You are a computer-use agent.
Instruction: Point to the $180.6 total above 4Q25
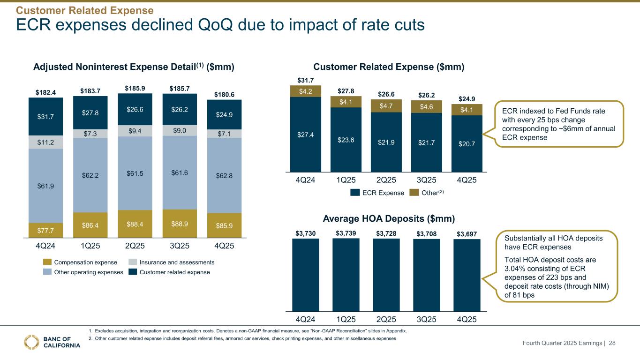click(x=224, y=94)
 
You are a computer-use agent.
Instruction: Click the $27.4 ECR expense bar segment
click(x=305, y=135)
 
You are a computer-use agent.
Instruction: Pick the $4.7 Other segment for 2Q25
click(x=386, y=105)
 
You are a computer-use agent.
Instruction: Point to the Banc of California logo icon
click(x=32, y=342)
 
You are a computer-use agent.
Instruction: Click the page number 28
click(x=611, y=344)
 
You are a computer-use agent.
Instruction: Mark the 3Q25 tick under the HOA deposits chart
click(x=426, y=320)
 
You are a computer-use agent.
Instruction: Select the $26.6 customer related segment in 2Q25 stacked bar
click(x=135, y=110)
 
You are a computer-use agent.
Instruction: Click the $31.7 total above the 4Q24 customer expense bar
click(x=305, y=81)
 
